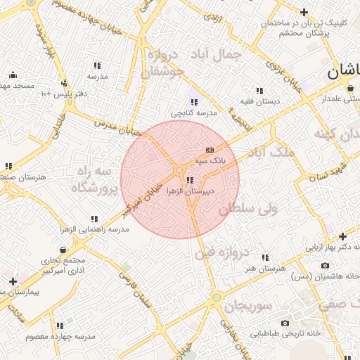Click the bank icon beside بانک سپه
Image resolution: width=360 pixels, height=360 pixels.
coord(209,150)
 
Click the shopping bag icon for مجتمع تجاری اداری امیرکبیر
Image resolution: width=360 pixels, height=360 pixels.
coord(64,250)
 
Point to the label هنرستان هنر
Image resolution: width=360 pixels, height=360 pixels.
coord(265,269)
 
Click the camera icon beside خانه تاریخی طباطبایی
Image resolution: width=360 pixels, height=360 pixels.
coord(285,323)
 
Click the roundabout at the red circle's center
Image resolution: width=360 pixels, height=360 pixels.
coord(180,170)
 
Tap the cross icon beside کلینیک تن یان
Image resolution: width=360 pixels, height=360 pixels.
coord(304,12)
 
